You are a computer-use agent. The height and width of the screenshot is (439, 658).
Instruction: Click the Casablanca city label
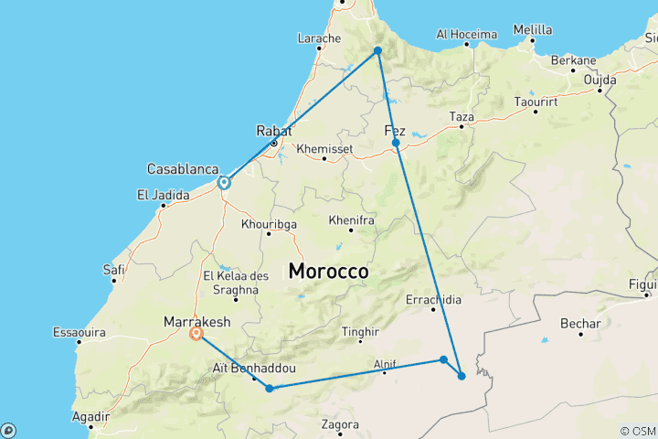click(183, 169)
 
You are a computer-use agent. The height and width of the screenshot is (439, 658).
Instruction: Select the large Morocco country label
click(328, 272)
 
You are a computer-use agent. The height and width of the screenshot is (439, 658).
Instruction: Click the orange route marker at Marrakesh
click(196, 335)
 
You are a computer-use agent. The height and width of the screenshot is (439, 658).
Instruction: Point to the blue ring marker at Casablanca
click(223, 183)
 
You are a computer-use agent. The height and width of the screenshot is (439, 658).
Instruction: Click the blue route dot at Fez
click(396, 143)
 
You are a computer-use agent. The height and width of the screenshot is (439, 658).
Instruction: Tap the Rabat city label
click(274, 130)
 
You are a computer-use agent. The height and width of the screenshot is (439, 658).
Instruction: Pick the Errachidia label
click(433, 299)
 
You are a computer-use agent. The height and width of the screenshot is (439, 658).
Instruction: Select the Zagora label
click(340, 424)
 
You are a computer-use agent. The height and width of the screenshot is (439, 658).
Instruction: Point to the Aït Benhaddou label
click(244, 367)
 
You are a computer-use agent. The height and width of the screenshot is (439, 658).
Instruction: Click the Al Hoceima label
click(465, 34)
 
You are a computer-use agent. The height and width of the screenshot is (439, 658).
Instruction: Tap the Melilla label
click(533, 29)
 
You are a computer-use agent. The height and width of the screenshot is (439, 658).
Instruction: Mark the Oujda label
click(601, 80)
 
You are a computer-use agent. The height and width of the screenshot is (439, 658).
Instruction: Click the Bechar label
click(580, 324)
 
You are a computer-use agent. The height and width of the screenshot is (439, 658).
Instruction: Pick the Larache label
click(319, 38)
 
